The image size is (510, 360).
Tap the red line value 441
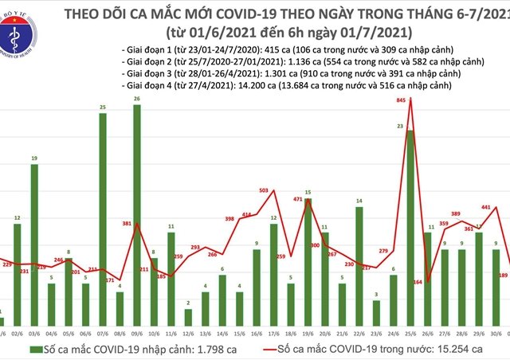point(486,208)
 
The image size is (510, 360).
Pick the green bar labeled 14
point(359,262)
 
